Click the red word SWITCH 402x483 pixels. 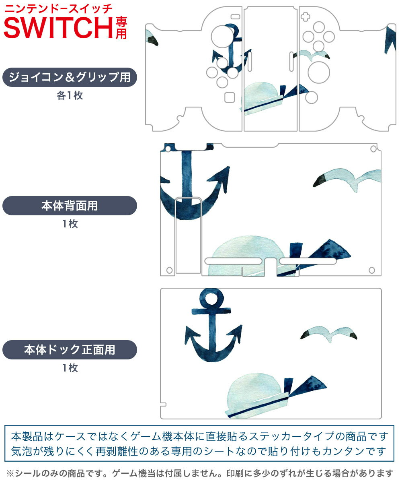click(x=58, y=28)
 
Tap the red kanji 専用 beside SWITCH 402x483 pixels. click(x=121, y=28)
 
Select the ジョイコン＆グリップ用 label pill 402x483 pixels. click(x=70, y=77)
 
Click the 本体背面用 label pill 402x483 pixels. click(x=70, y=206)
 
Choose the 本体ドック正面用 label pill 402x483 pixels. click(x=70, y=349)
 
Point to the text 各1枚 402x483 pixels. click(x=70, y=95)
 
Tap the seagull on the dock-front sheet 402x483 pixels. click(x=328, y=334)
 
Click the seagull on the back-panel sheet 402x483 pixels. click(x=347, y=180)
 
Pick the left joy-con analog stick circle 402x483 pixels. click(x=223, y=37)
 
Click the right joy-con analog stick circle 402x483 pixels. click(x=319, y=72)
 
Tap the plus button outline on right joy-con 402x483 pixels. click(x=306, y=17)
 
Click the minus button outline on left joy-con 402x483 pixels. click(x=236, y=17)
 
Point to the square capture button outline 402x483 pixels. click(x=230, y=97)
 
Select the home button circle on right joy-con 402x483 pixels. click(x=312, y=97)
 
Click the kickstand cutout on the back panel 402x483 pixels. click(x=188, y=235)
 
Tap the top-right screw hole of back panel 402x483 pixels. click(x=373, y=149)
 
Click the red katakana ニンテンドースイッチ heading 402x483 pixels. click(x=58, y=9)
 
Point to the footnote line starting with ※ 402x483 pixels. click(x=200, y=473)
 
